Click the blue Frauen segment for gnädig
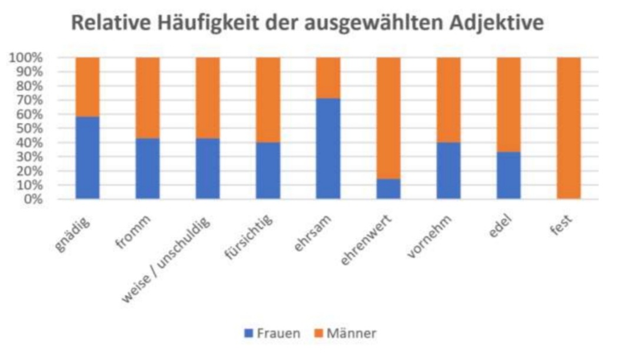[x=87, y=158]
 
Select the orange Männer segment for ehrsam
[x=328, y=78]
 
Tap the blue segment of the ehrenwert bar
[x=388, y=189]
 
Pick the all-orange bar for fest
[x=569, y=128]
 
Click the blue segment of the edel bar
[x=509, y=175]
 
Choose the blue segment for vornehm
[x=448, y=171]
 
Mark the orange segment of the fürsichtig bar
[x=268, y=100]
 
